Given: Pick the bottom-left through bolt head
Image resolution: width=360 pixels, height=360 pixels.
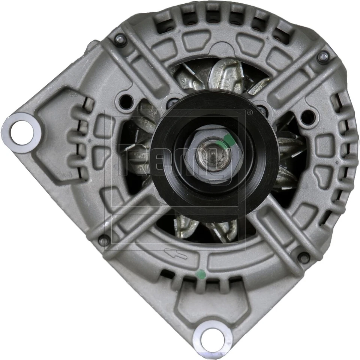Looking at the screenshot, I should tap(103, 240).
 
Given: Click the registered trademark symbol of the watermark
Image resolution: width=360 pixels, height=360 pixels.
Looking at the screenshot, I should tap(249, 111).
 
